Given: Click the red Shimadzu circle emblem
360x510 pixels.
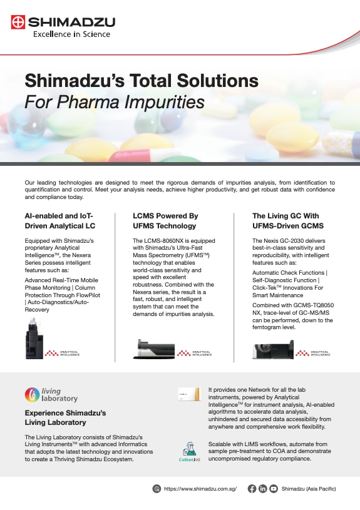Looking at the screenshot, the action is (x=19, y=23).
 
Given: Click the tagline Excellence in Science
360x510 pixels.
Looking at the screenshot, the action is (x=71, y=34).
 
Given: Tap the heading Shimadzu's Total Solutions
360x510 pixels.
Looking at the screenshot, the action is (x=141, y=81).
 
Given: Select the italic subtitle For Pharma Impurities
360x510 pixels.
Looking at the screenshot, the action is (x=114, y=101).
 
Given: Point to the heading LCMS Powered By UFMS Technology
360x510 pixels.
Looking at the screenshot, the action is (x=165, y=220).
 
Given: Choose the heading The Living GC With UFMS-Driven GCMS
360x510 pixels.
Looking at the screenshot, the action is (x=285, y=220).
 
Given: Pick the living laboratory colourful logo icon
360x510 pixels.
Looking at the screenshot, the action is (x=31, y=394).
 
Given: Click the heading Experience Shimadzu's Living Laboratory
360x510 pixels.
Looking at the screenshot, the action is (x=65, y=417).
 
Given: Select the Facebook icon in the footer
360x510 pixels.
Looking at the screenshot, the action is (x=252, y=489).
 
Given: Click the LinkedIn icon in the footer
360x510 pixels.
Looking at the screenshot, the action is (x=263, y=489).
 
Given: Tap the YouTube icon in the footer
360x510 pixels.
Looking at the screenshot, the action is (x=274, y=489).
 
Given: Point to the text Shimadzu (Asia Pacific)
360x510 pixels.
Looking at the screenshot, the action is (x=309, y=489).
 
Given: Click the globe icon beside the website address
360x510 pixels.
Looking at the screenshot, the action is (x=157, y=489).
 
